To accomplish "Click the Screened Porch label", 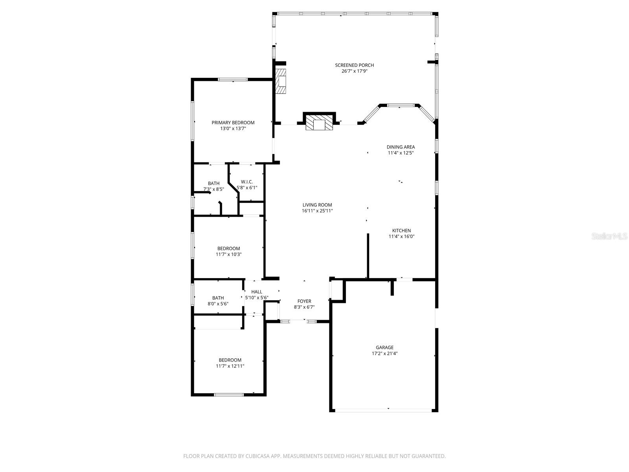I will click(x=354, y=65).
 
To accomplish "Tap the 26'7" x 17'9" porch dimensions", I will click(x=354, y=71).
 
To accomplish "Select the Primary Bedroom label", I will click(x=233, y=123).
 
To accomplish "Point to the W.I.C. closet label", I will click(x=247, y=182).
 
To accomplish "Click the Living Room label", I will click(x=317, y=205).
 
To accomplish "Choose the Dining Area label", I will click(x=401, y=147).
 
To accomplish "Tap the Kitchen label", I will click(x=401, y=231).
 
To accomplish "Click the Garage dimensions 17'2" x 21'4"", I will click(x=384, y=354).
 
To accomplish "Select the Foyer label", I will click(x=304, y=301).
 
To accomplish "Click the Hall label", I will click(x=257, y=292).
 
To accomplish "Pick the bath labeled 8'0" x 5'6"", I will click(x=218, y=301).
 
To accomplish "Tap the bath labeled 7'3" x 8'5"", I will click(x=213, y=186).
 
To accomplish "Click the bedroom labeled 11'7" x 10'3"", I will click(x=228, y=251).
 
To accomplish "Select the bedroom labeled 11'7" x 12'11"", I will click(x=230, y=363).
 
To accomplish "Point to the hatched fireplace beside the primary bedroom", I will click(x=281, y=81).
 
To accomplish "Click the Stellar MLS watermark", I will click(x=609, y=236).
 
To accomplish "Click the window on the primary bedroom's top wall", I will click(x=233, y=79).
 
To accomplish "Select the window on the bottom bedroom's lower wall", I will click(x=229, y=395).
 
